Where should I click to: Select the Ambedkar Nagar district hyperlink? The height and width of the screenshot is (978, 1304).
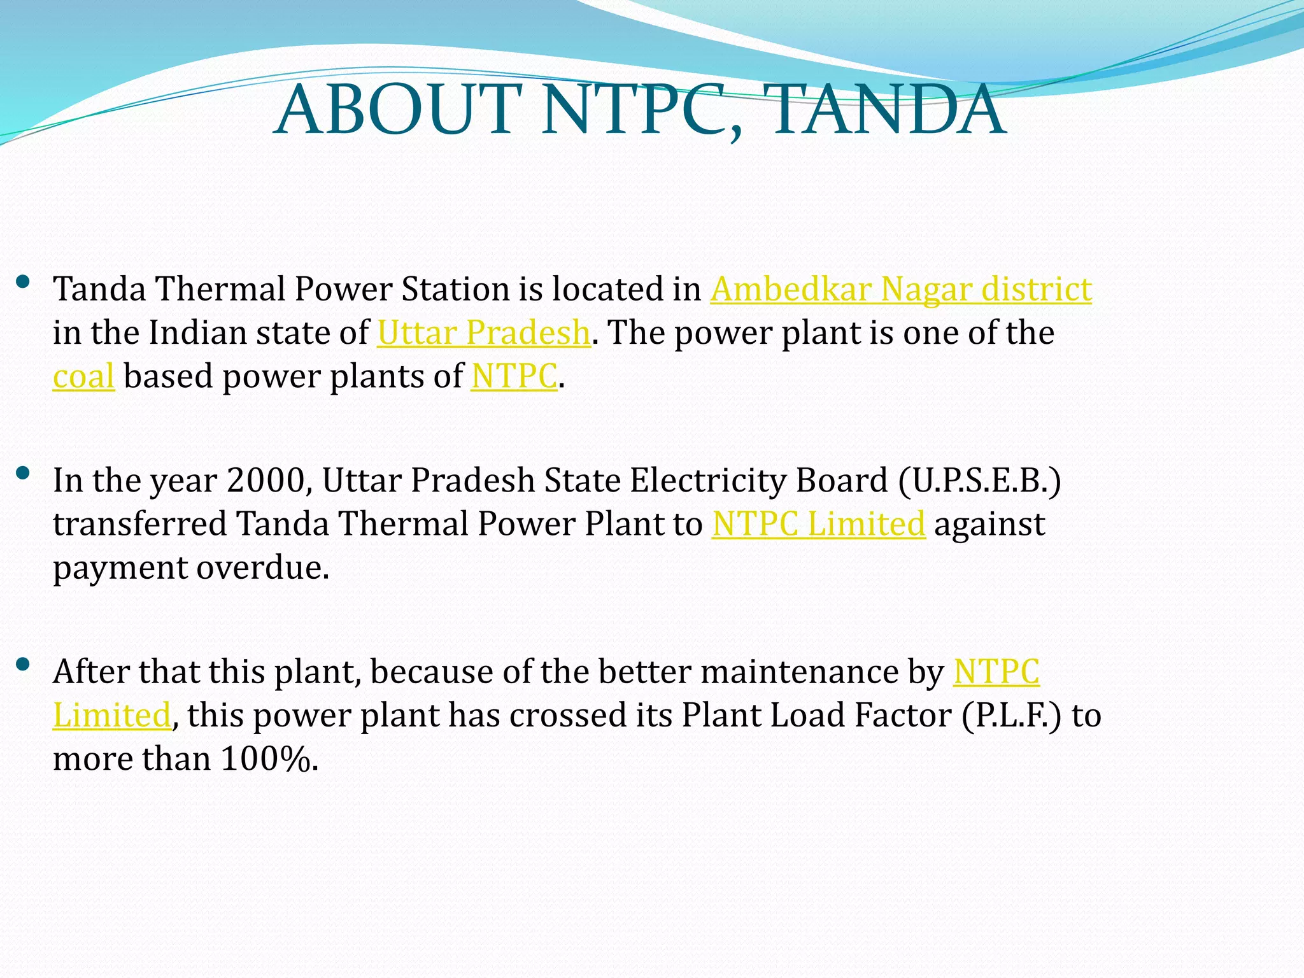[x=900, y=289]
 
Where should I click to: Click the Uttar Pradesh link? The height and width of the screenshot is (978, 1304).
[x=483, y=333]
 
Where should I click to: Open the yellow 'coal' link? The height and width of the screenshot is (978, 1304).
[x=83, y=376]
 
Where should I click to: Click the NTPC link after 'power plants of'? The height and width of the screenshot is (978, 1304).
[x=514, y=376]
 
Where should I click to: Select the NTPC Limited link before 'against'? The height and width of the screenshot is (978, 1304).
[x=818, y=524]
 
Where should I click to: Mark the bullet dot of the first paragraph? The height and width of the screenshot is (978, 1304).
[x=24, y=282]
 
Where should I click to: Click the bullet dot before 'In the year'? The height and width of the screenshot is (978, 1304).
[x=24, y=473]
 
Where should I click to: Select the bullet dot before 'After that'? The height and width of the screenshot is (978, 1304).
[x=24, y=665]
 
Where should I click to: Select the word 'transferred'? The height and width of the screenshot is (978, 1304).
[x=139, y=524]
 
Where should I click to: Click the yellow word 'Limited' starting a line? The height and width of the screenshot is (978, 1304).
[x=111, y=715]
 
